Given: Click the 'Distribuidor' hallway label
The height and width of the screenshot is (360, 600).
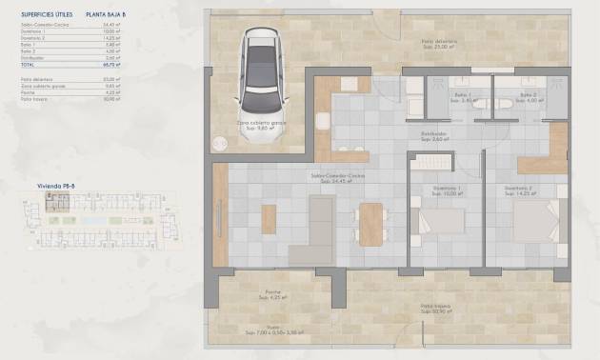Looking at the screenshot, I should point(434,134).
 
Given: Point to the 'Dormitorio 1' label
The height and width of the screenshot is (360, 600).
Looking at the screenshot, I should point(443,189).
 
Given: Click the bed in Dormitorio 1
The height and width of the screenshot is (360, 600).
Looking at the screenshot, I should point(443,224).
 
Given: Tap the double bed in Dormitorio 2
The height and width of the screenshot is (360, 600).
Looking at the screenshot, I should point(536,225).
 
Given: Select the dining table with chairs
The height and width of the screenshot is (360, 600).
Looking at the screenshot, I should point(370,226).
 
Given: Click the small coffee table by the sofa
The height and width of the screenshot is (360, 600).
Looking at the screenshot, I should point(269,219).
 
